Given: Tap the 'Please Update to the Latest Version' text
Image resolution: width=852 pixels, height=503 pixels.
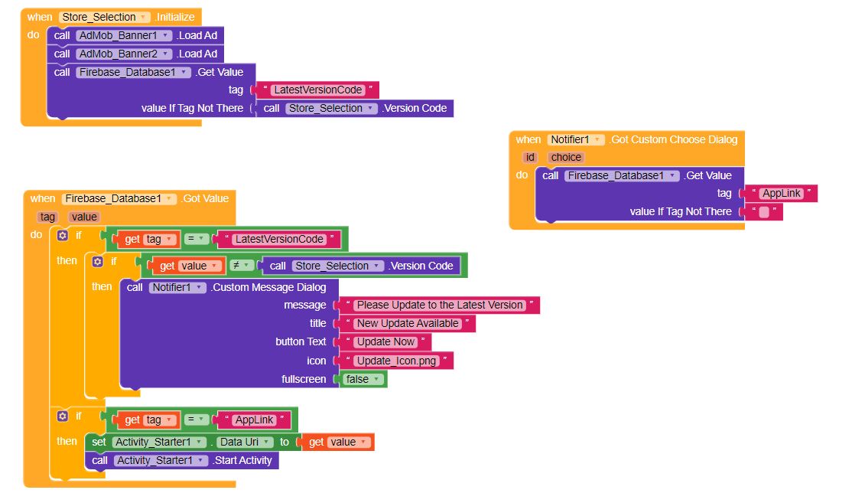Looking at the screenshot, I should click(439, 305).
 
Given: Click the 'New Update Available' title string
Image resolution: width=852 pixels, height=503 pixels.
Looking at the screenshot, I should click(408, 323).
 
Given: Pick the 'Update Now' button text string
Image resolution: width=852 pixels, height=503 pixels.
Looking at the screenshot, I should click(385, 341).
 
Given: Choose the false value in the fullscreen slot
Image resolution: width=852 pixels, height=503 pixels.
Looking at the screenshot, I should click(363, 379).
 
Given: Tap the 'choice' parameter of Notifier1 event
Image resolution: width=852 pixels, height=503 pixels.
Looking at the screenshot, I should click(567, 157).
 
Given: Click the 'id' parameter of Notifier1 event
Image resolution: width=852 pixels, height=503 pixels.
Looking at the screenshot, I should click(529, 157).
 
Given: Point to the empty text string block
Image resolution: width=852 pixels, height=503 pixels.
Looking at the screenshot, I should click(763, 212).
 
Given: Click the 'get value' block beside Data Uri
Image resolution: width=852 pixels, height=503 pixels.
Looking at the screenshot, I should click(338, 442).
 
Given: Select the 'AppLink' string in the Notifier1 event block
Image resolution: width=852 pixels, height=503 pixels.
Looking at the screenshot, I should click(781, 194).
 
